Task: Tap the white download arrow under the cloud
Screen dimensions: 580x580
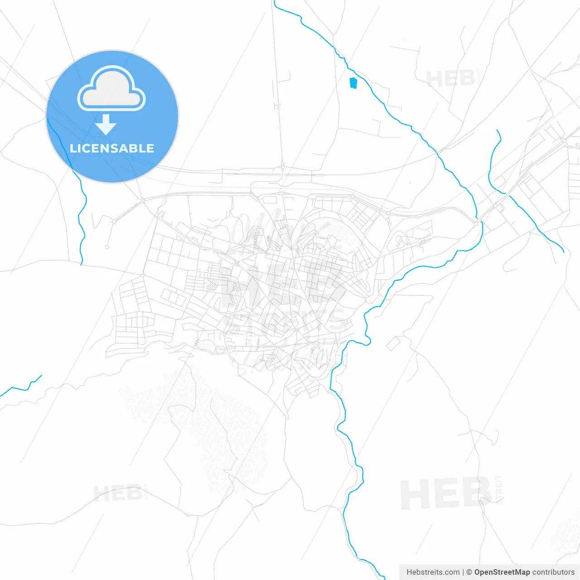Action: (x=106, y=125)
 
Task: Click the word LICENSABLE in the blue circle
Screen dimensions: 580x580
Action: (x=112, y=148)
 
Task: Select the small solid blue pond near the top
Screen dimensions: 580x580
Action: (x=353, y=83)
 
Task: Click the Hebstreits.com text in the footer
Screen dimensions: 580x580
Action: (x=433, y=572)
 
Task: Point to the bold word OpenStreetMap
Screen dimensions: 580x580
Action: (x=502, y=572)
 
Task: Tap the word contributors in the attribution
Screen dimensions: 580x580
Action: (x=553, y=572)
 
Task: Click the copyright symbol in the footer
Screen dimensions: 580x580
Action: (x=469, y=572)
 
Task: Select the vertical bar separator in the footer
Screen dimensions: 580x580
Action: (x=463, y=572)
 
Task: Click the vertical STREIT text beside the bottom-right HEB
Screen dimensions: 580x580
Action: (x=499, y=489)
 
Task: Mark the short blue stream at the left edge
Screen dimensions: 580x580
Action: (x=20, y=388)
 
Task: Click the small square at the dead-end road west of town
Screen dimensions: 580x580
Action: (x=107, y=247)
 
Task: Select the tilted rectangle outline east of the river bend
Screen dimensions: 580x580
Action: (x=392, y=343)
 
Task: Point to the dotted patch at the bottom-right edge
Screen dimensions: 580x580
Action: (x=566, y=535)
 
